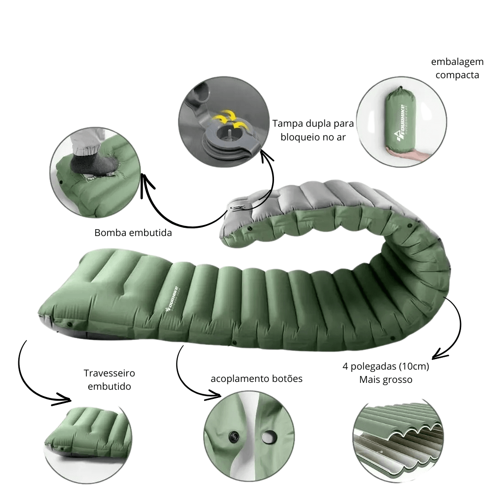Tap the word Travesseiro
coord(109,373)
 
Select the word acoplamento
coord(237,379)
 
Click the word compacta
coord(457,75)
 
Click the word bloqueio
coord(299,137)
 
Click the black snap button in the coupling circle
coord(234,437)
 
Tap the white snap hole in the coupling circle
coord(268,437)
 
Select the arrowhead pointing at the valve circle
coord(267,155)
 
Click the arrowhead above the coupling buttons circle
coord(213,395)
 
